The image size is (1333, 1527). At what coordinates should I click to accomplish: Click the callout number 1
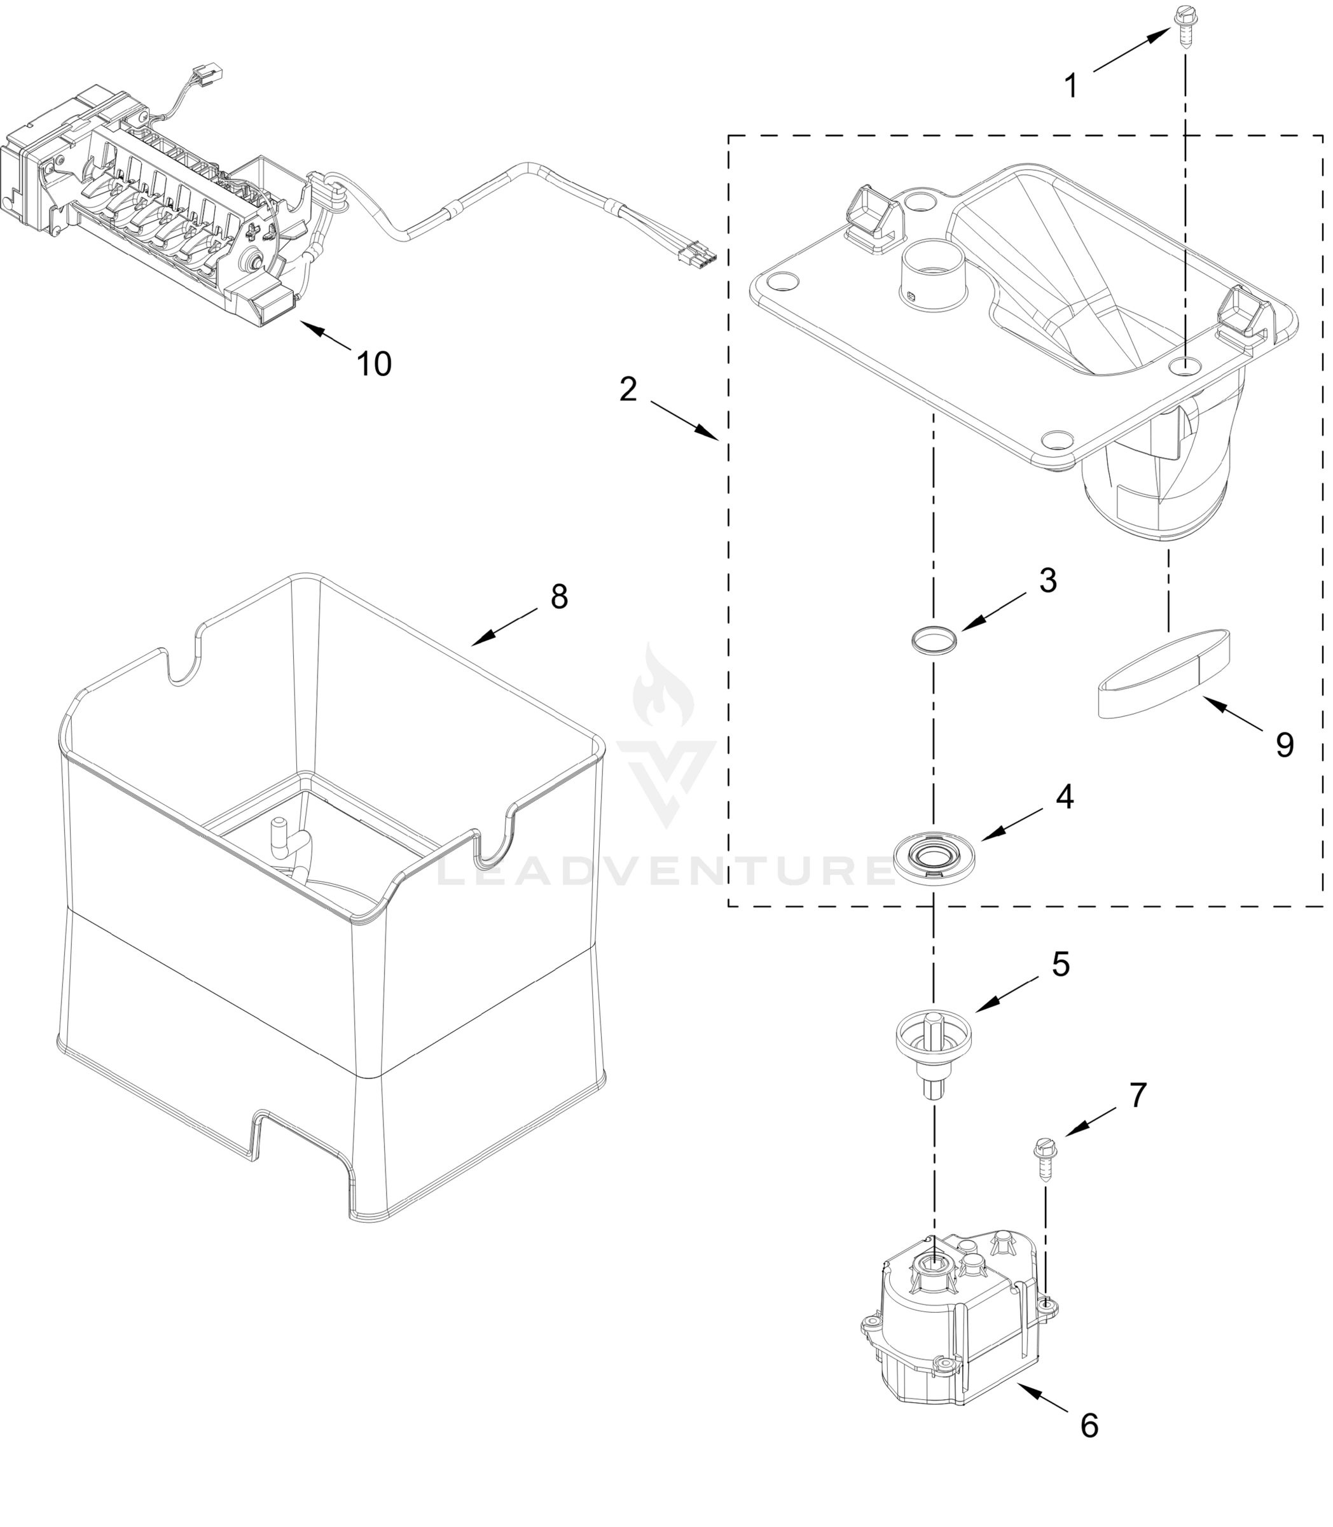(x=1071, y=87)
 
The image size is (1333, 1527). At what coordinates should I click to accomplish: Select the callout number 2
(x=628, y=389)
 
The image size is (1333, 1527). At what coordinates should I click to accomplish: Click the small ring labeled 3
(x=934, y=639)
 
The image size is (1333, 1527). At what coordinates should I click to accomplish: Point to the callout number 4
(x=1065, y=797)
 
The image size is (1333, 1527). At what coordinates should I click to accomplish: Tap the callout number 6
(x=1089, y=1425)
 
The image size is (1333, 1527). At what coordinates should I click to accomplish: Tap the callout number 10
(x=374, y=364)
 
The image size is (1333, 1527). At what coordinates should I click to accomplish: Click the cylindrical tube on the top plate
(x=933, y=272)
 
